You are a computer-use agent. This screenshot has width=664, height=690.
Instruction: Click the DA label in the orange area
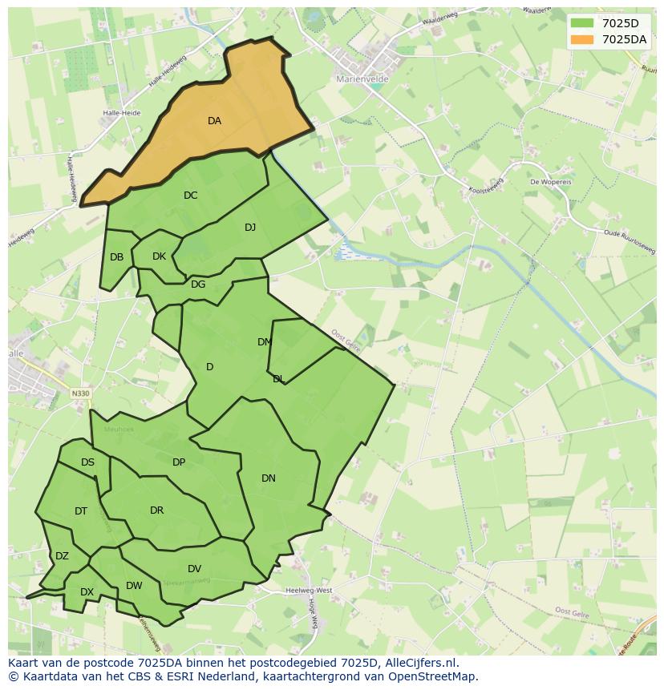tap(214, 121)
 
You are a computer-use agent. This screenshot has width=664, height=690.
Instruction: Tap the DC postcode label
tap(190, 196)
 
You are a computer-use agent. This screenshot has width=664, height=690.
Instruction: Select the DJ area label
tap(250, 228)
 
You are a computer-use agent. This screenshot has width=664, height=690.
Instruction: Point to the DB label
tap(117, 257)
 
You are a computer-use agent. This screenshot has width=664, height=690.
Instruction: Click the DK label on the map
tap(159, 256)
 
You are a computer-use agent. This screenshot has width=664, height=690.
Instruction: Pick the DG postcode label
tap(198, 284)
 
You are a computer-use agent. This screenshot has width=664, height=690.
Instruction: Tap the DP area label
tap(179, 462)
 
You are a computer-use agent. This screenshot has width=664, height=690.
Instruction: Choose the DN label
tap(269, 478)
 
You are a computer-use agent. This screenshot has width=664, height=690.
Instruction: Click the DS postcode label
tap(87, 462)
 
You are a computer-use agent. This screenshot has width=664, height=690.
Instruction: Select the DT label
tap(81, 511)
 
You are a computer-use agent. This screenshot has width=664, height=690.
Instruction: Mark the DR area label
tap(156, 510)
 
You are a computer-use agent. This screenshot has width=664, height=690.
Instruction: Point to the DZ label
tap(62, 556)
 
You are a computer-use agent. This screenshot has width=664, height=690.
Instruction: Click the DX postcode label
tap(87, 592)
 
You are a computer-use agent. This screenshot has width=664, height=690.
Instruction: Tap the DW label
tap(134, 586)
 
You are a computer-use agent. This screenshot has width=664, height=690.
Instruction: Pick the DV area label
tap(194, 569)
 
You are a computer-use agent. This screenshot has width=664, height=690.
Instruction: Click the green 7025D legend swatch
tap(582, 23)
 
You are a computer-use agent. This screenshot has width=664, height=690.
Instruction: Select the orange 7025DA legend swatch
tap(582, 39)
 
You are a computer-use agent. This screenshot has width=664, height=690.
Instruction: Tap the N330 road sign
tap(80, 393)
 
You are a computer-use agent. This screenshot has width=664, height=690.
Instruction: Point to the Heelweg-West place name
tap(309, 591)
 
